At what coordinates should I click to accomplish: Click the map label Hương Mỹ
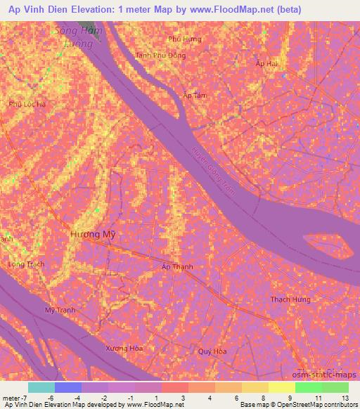click(x=93, y=235)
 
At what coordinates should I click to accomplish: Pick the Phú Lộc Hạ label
click(x=27, y=104)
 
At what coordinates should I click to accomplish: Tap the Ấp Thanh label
click(x=177, y=267)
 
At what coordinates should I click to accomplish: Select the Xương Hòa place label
click(x=124, y=349)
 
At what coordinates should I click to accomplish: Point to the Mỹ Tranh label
click(x=59, y=310)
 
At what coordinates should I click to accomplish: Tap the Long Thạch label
click(x=25, y=264)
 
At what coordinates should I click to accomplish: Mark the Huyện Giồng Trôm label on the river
click(x=215, y=169)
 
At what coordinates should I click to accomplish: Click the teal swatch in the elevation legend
click(x=41, y=388)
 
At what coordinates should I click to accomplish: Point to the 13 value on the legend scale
click(x=345, y=398)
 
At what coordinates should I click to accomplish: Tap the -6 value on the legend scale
click(x=51, y=398)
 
